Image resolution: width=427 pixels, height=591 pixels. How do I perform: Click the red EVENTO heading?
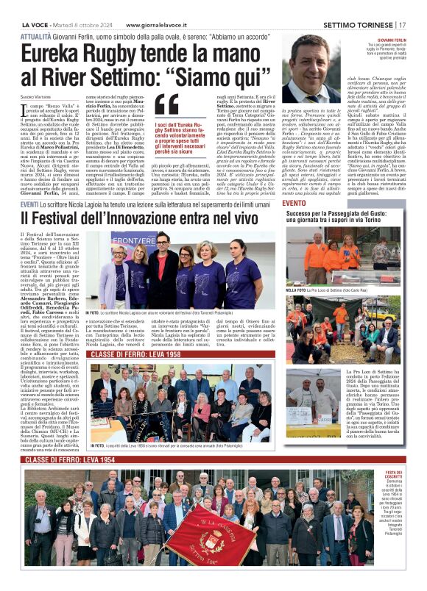[294, 202]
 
